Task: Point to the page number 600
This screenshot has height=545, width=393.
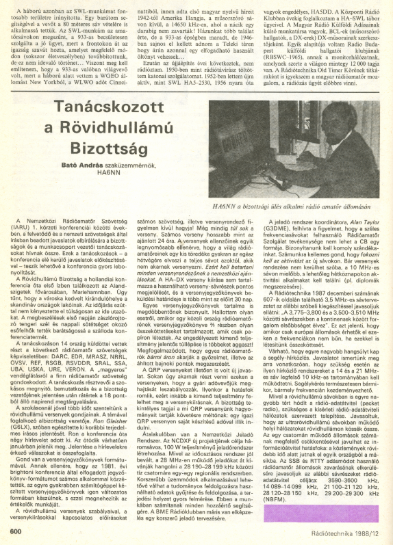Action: click(18, 530)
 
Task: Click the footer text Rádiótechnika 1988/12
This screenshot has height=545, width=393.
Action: click(345, 530)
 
